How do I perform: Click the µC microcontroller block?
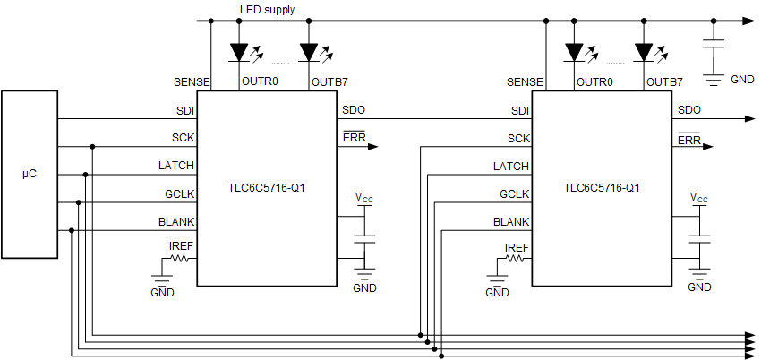coord(29,173)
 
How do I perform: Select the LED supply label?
coord(267,10)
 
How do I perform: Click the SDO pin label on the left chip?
coord(353,110)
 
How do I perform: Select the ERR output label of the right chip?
coord(688,140)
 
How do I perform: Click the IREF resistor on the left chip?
coord(182,259)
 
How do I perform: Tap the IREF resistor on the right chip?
coord(517,259)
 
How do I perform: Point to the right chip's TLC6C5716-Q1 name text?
coord(601,189)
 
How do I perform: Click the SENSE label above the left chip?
coord(192,81)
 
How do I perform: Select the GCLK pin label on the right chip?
coord(514,193)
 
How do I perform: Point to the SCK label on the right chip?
coord(517,138)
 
